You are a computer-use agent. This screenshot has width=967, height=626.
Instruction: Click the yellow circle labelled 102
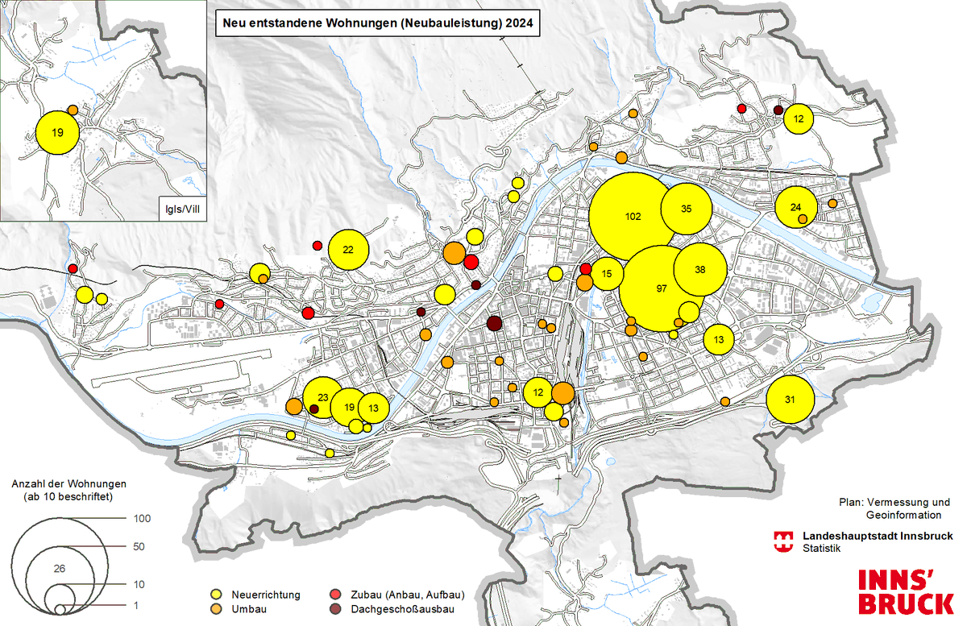click(x=633, y=217)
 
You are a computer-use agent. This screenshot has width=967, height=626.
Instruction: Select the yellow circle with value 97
click(x=662, y=288)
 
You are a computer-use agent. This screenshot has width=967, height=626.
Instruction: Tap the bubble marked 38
click(x=700, y=270)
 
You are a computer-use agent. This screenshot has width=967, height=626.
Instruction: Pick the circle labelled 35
click(x=686, y=209)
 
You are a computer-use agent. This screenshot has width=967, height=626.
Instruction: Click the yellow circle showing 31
click(x=790, y=400)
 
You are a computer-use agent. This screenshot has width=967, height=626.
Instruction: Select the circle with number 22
click(x=348, y=250)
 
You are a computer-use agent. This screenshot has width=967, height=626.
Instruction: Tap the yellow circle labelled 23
click(x=322, y=398)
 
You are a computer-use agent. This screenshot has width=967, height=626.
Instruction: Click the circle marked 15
click(x=607, y=274)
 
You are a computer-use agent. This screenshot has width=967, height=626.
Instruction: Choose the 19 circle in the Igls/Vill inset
click(x=57, y=131)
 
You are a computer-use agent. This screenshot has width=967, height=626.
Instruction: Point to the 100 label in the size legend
click(x=141, y=519)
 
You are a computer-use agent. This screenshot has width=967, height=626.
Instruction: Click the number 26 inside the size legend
click(x=58, y=569)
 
